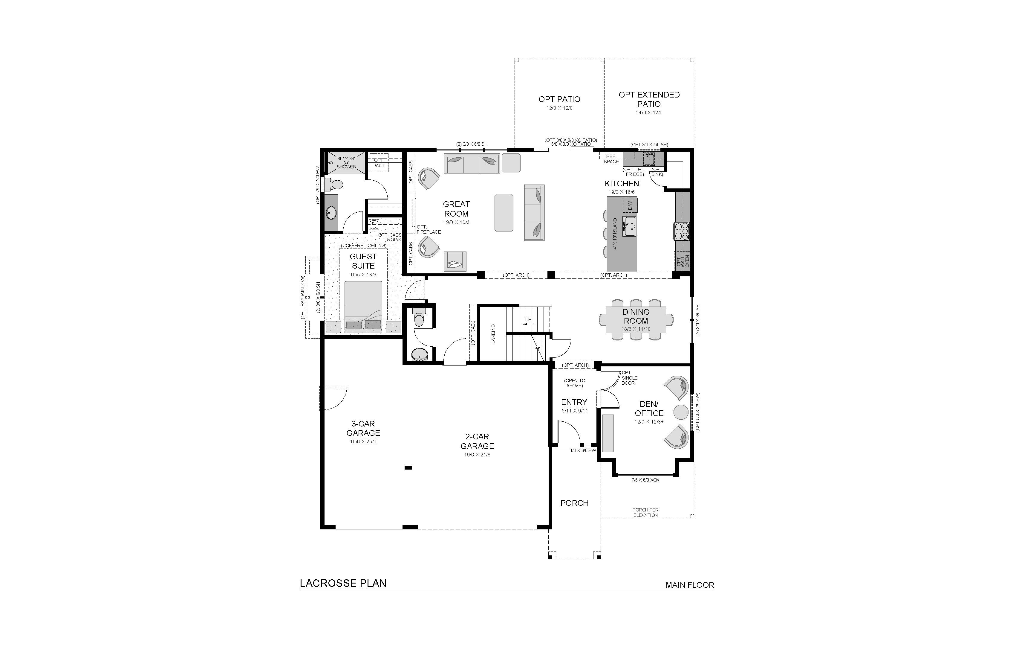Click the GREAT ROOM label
[456, 209]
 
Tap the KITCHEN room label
[622, 184]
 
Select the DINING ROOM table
[636, 320]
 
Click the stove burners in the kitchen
[682, 231]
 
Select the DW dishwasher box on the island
[630, 205]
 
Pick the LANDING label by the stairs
[493, 334]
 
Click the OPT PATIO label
[559, 99]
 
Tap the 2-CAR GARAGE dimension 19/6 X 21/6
[477, 455]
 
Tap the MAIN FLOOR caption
[690, 585]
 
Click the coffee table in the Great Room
[504, 212]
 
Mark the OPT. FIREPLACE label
[429, 229]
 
